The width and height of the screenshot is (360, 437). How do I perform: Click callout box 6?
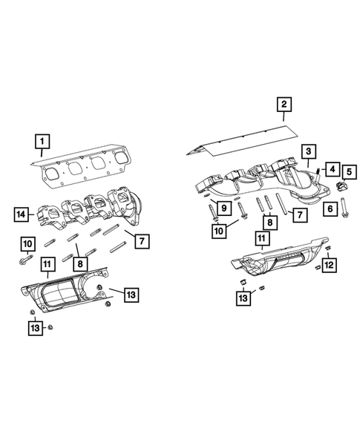point(329,210)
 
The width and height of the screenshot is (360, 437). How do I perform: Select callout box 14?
point(22,216)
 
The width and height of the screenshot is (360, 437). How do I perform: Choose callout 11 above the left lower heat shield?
point(47,263)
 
